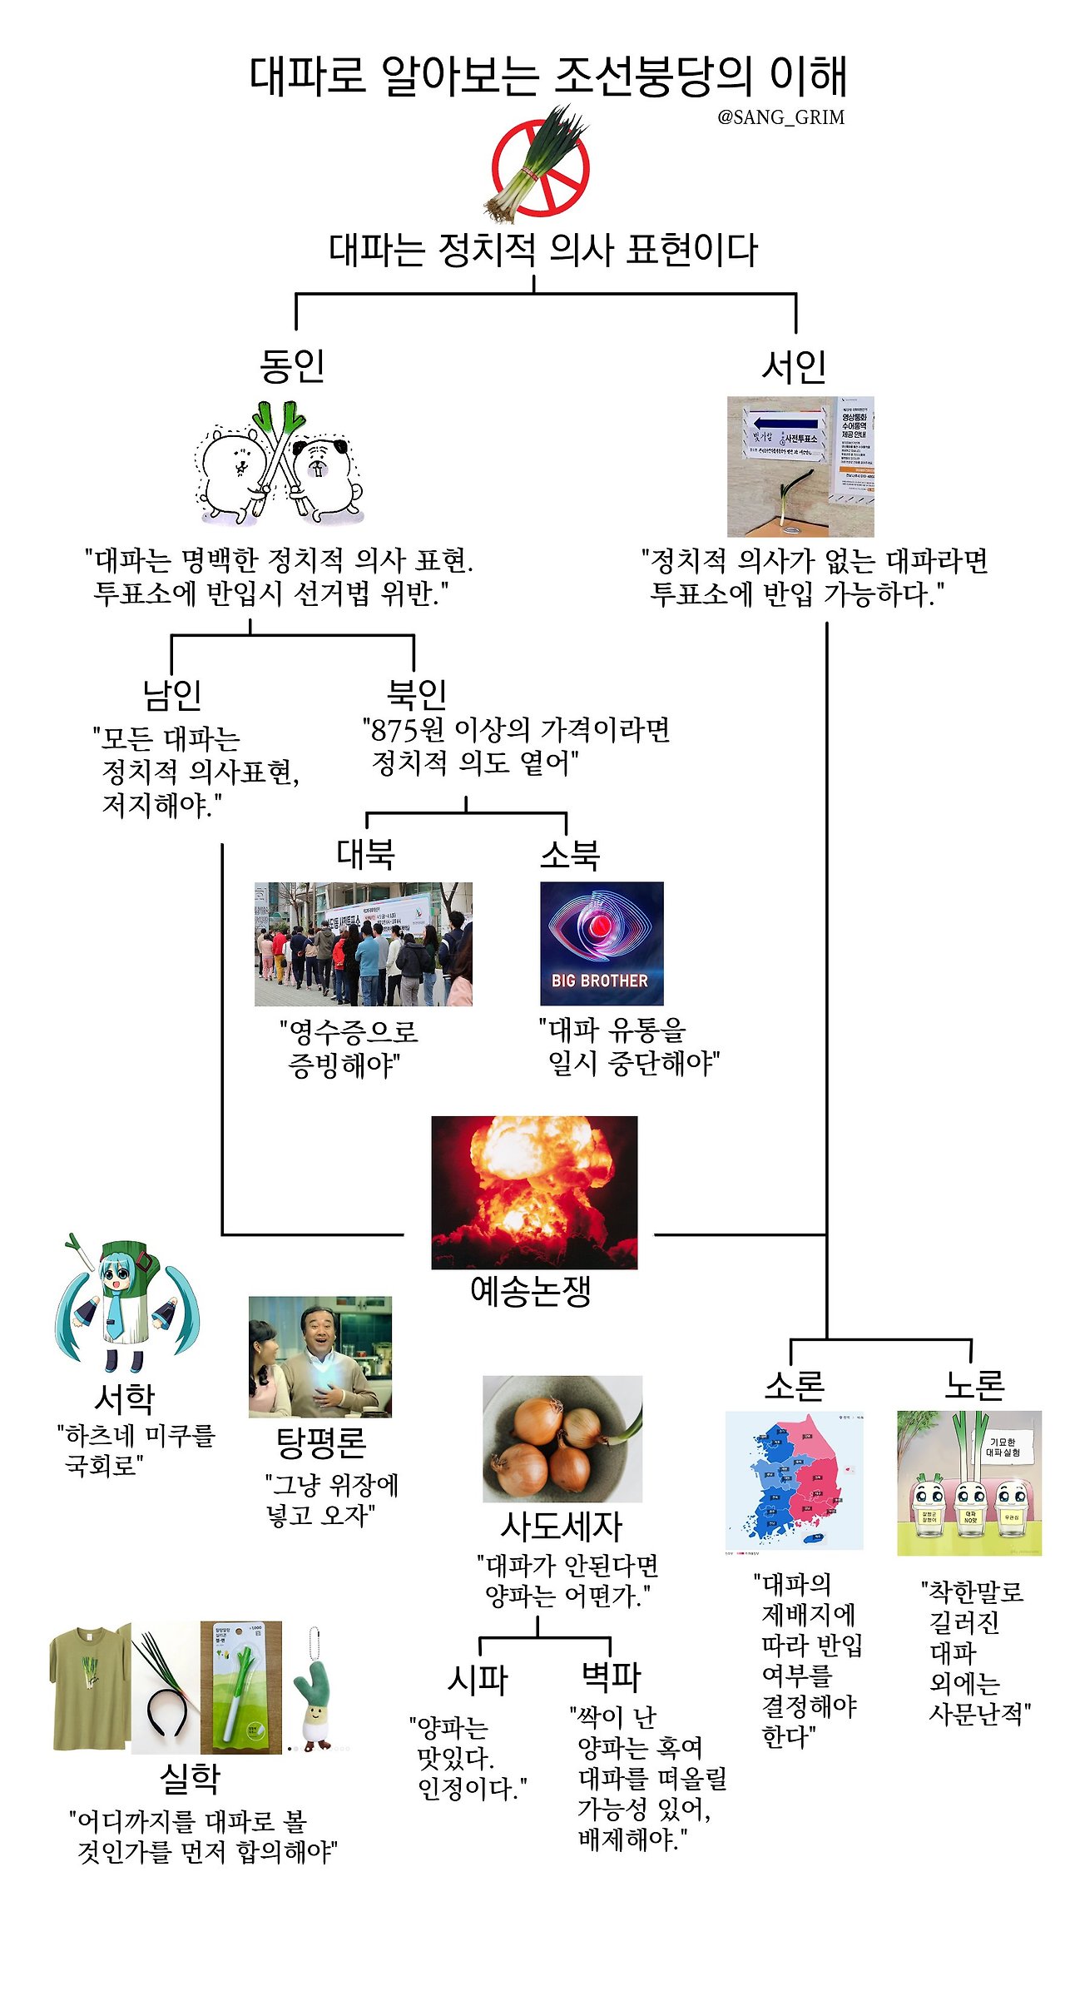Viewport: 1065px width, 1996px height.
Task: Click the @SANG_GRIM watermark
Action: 780,117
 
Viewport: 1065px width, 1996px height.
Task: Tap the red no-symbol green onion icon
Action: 539,166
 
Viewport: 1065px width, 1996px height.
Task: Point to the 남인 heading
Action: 172,694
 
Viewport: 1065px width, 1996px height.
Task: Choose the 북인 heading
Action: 416,693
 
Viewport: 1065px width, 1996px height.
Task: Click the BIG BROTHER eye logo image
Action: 602,943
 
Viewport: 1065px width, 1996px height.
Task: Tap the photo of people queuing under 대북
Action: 363,944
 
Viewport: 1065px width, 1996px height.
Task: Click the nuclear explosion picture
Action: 534,1192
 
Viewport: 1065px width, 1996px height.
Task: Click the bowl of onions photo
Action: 562,1439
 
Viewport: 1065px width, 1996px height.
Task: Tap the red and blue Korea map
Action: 794,1481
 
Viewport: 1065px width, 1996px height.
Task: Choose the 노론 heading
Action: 974,1384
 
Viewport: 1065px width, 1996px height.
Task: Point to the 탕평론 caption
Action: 320,1442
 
